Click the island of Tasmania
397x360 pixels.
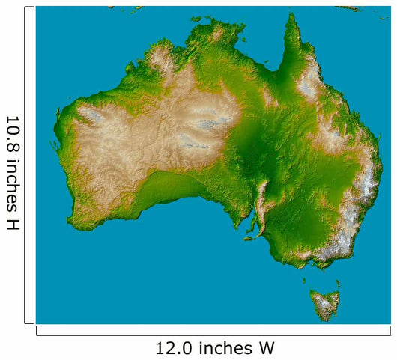coord(325,304)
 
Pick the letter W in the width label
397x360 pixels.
coord(267,348)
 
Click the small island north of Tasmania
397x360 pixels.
coord(305,281)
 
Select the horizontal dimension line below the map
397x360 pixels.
coord(213,331)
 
